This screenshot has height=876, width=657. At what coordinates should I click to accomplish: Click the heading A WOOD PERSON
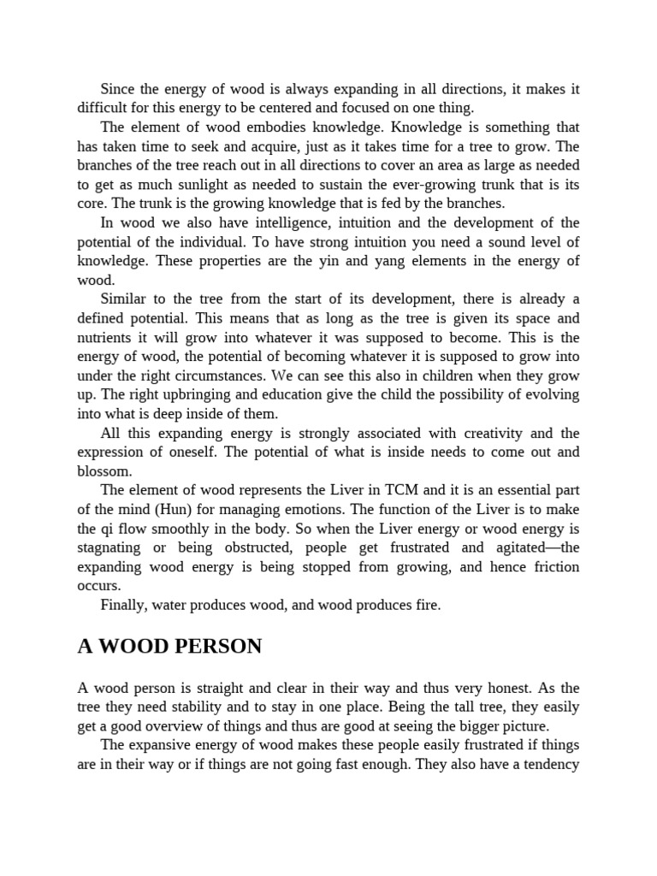pos(169,647)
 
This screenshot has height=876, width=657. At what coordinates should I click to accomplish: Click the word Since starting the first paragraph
pos(119,88)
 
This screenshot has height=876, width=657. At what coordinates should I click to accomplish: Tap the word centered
pos(314,108)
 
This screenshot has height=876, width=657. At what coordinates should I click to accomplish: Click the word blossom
pos(104,471)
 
